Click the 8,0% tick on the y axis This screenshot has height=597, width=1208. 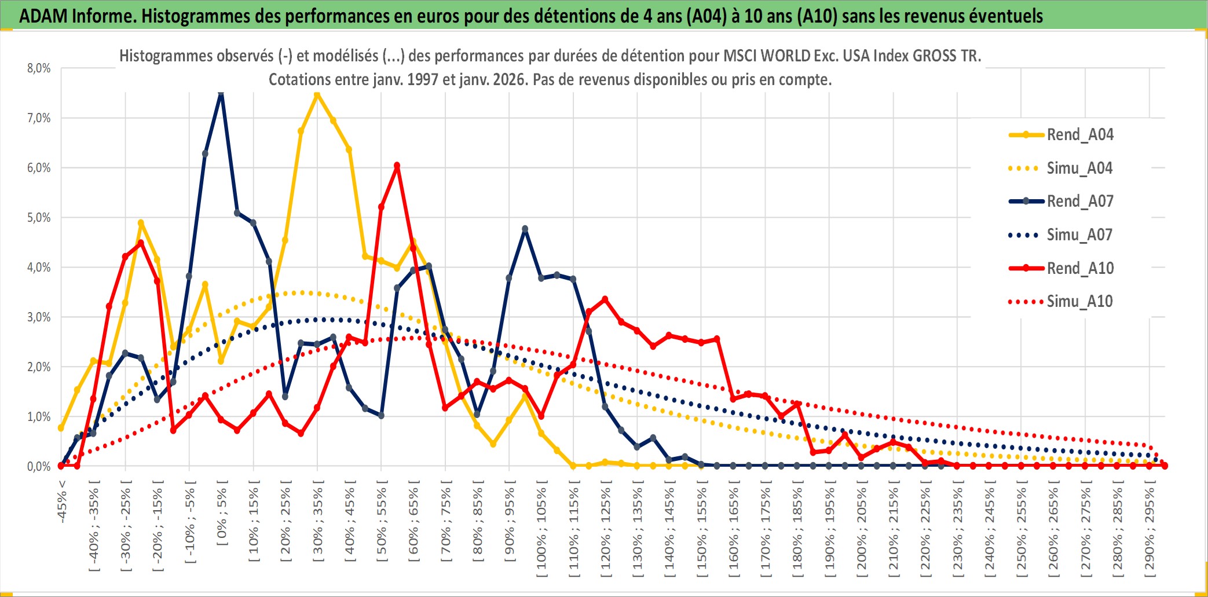39,68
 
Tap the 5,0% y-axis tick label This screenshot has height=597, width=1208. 39,218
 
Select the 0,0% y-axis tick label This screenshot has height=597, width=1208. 39,466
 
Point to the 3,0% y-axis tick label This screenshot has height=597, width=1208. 39,317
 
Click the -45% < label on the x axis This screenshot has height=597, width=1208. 62,501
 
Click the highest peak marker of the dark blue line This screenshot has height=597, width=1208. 221,93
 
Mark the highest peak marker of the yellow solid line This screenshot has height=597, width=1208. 317,94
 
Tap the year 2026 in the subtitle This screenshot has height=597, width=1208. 510,79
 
